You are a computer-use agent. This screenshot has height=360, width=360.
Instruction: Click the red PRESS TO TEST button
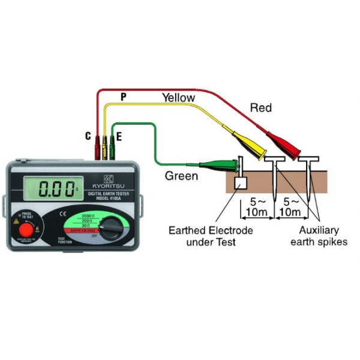(25, 230)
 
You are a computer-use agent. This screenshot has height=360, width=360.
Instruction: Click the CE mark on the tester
(62, 214)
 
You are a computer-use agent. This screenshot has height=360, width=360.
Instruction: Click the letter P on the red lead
(123, 97)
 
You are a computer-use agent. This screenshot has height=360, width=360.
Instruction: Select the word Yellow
(178, 97)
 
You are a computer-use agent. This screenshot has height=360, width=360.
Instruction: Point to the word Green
(181, 176)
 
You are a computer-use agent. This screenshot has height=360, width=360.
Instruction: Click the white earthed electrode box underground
(241, 184)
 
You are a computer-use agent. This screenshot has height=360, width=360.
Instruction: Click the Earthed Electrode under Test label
(211, 236)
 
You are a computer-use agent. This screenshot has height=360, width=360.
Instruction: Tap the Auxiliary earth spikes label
(314, 236)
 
